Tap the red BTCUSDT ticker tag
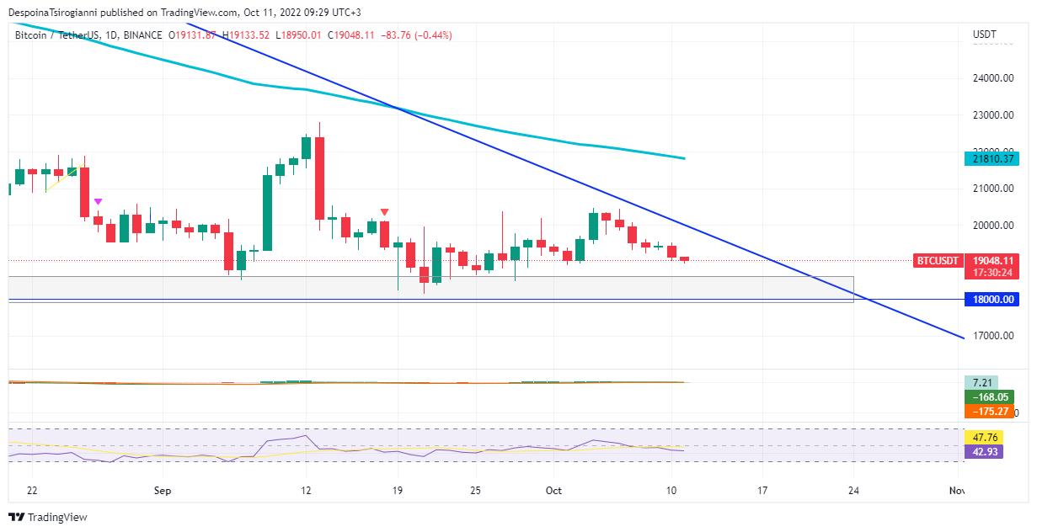937,261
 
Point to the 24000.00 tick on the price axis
992,78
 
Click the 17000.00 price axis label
992,336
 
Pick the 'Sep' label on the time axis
163,490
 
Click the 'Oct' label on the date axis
553,490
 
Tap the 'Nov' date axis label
956,490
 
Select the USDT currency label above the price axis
984,35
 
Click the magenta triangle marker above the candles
99,201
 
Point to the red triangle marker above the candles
385,212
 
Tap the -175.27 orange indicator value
990,411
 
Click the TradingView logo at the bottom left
48,517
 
